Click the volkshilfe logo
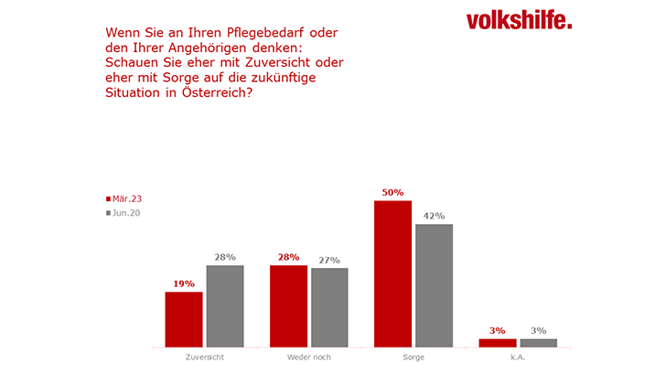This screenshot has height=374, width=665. pyautogui.click(x=518, y=21)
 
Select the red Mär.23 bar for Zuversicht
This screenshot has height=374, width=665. pyautogui.click(x=184, y=319)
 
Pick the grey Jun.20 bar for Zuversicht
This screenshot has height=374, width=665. pyautogui.click(x=224, y=306)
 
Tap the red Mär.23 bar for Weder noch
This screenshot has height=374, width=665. pyautogui.click(x=288, y=306)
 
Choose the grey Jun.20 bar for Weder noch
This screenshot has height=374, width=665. pyautogui.click(x=329, y=307)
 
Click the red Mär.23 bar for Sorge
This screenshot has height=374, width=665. pyautogui.click(x=393, y=273)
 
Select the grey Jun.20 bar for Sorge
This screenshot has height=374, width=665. pyautogui.click(x=434, y=285)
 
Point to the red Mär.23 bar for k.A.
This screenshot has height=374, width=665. pyautogui.click(x=498, y=342)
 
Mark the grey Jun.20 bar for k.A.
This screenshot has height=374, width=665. pyautogui.click(x=539, y=342)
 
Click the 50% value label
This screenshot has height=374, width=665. pyautogui.click(x=393, y=193)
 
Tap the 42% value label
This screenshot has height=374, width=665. pyautogui.click(x=434, y=217)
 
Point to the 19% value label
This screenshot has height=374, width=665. pyautogui.click(x=184, y=284)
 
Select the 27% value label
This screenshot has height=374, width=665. pyautogui.click(x=329, y=261)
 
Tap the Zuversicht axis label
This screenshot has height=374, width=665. pyautogui.click(x=204, y=358)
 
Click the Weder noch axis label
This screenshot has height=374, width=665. pyautogui.click(x=308, y=358)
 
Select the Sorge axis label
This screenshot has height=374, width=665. pyautogui.click(x=413, y=358)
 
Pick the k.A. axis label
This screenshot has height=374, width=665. pyautogui.click(x=518, y=358)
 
